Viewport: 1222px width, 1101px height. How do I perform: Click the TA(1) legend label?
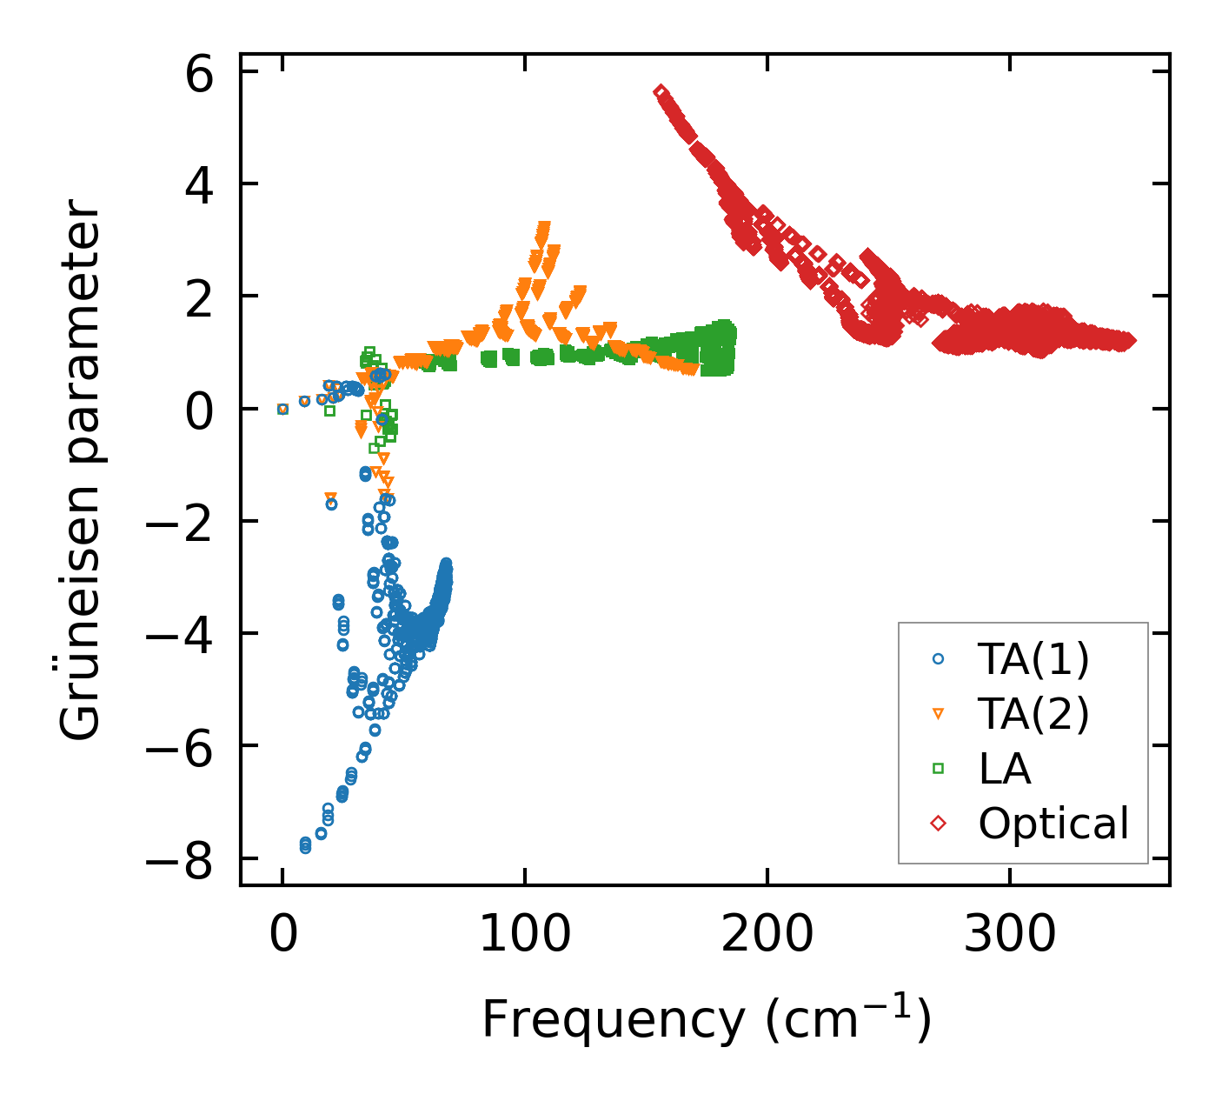pyautogui.click(x=1033, y=660)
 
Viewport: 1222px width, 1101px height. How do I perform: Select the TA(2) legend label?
pyautogui.click(x=1033, y=714)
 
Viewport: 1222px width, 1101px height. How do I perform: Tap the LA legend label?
pyautogui.click(x=1005, y=769)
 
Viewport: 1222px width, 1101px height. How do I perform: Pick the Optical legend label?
pyautogui.click(x=1053, y=823)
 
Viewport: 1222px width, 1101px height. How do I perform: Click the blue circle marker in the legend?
pyautogui.click(x=938, y=659)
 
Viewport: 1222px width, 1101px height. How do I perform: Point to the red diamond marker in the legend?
pyautogui.click(x=938, y=823)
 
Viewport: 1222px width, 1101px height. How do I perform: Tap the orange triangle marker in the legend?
pyautogui.click(x=938, y=714)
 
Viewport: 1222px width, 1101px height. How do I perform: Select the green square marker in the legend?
pyautogui.click(x=938, y=768)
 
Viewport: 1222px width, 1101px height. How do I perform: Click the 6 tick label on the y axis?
pyautogui.click(x=199, y=77)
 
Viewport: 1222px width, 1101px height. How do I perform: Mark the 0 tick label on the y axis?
pyautogui.click(x=199, y=414)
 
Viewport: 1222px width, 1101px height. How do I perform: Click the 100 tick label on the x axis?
pyautogui.click(x=525, y=936)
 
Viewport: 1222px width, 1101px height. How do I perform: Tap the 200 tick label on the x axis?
pyautogui.click(x=767, y=936)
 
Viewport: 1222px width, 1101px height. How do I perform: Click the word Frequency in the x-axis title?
pyautogui.click(x=613, y=1019)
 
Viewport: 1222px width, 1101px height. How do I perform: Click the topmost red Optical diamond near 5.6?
pyautogui.click(x=661, y=92)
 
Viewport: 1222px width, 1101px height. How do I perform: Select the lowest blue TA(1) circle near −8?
pyautogui.click(x=305, y=846)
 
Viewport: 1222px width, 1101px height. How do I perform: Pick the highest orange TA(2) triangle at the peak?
pyautogui.click(x=544, y=228)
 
